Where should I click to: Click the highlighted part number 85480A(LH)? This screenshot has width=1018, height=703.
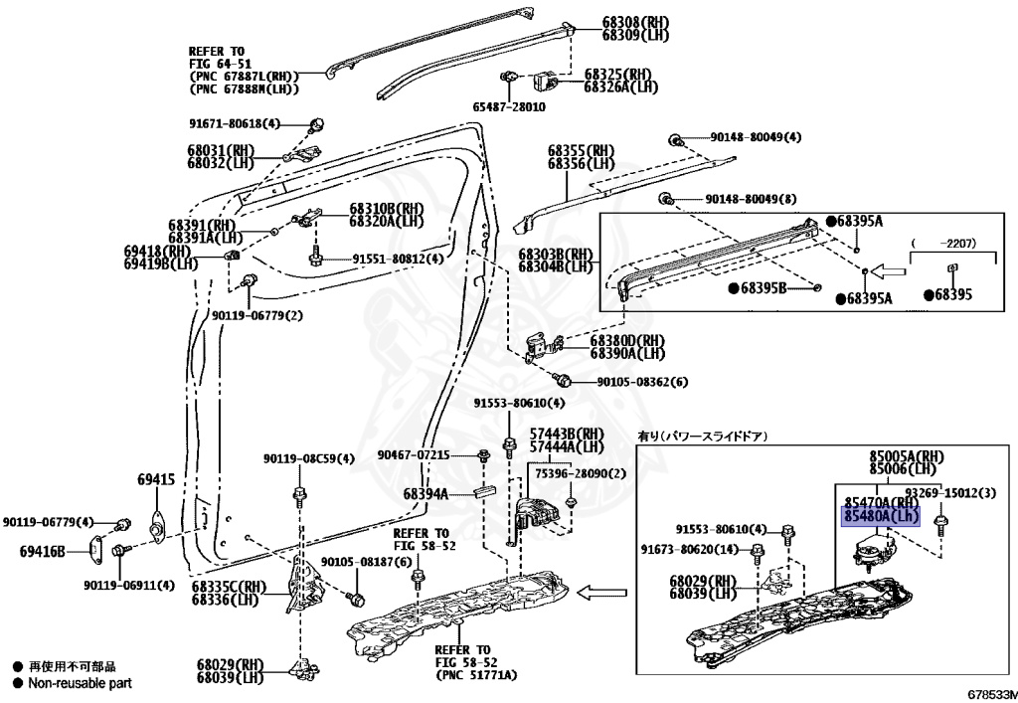pos(881,517)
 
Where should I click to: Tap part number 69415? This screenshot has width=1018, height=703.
pos(156,480)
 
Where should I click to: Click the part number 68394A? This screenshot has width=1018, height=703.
pos(424,494)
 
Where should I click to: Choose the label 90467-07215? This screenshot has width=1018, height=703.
pos(414,454)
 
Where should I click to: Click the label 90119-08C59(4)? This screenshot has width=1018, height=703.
pos(309,458)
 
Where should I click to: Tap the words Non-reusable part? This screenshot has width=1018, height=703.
pos(80,683)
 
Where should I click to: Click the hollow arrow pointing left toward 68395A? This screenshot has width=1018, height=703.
pos(892,270)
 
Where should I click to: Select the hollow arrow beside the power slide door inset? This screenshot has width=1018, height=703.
pos(599,594)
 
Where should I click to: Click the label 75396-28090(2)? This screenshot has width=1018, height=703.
pos(582,474)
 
